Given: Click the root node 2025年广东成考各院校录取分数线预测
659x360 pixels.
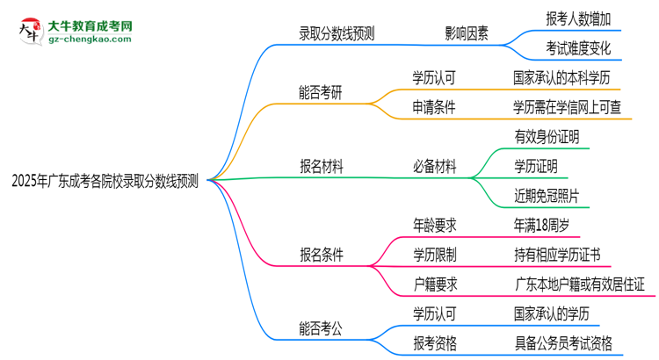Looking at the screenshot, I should pos(105,182).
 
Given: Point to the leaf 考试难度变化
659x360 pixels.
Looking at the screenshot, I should pos(577,47).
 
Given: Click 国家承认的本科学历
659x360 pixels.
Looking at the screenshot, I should pos(567,76).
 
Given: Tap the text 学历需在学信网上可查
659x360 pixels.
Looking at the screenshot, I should pos(572,107).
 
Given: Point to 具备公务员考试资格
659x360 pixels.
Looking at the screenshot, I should pos(563,342).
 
